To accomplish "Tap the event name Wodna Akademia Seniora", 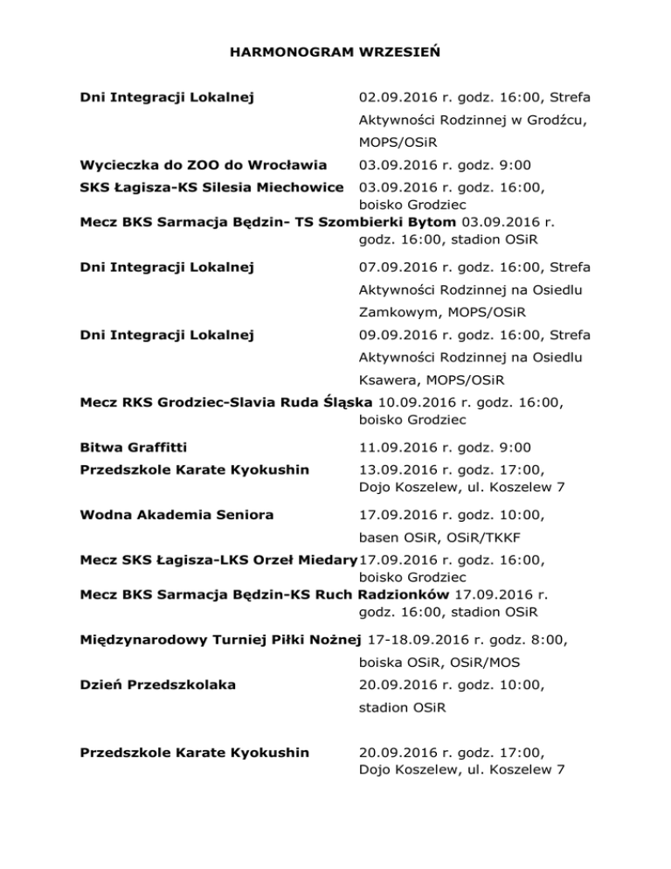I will click(176, 515).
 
